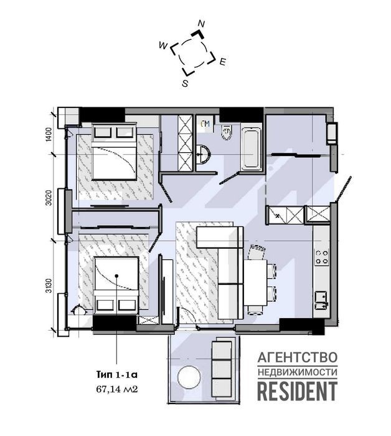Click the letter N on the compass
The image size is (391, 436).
(201, 24)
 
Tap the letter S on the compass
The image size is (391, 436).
(185, 84)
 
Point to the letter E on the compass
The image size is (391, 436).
(222, 62)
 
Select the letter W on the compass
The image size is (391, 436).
(163, 46)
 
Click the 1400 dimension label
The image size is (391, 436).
(49, 135)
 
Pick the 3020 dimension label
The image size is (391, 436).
(49, 198)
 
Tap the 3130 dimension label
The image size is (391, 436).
(49, 286)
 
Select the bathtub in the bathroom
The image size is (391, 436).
(251, 148)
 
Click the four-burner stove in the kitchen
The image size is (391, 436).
(322, 257)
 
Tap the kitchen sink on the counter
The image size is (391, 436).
(321, 300)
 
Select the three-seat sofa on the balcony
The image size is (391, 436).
(222, 369)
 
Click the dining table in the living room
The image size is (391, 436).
(255, 283)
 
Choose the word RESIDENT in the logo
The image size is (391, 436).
(298, 391)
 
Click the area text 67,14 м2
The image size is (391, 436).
(117, 389)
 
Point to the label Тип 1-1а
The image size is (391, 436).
(117, 374)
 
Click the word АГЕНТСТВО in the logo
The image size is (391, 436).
(298, 357)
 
